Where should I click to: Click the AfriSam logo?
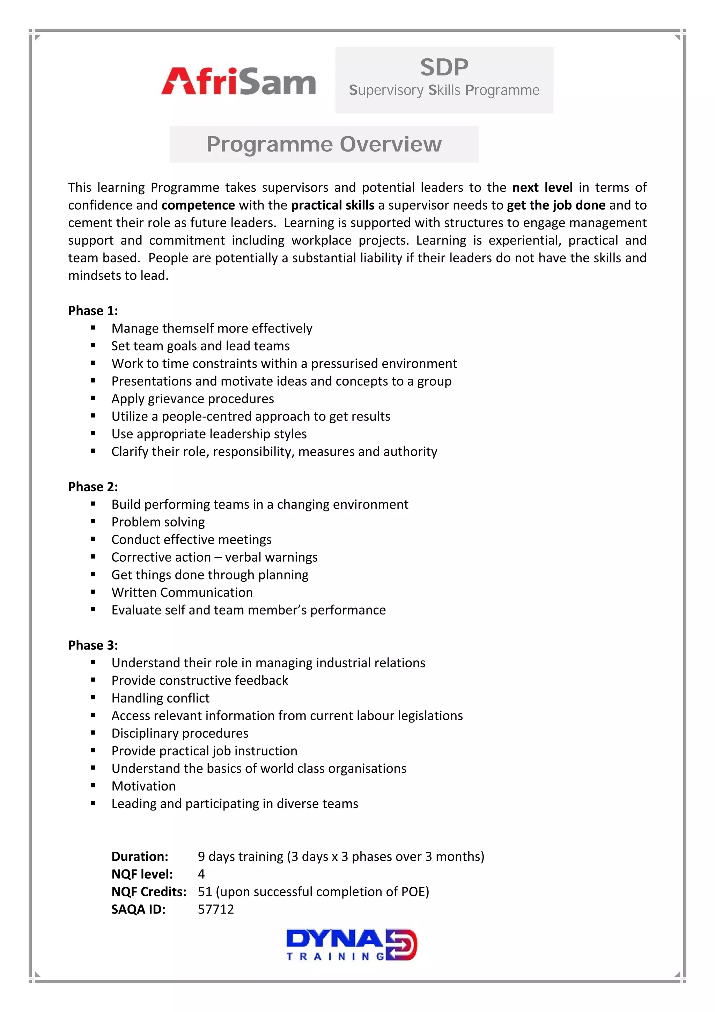238,81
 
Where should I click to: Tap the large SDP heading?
444,67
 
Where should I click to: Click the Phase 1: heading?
93,311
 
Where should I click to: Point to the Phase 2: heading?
93,487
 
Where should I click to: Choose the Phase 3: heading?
93,645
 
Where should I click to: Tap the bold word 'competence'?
198,205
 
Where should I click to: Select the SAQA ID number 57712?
216,909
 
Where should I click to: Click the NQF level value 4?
201,874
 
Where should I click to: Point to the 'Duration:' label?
140,857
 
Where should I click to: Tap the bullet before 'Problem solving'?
93,522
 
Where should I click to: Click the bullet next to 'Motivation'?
93,786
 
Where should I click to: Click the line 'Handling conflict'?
160,698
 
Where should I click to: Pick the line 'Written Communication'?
182,592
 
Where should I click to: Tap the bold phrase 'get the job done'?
556,205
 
